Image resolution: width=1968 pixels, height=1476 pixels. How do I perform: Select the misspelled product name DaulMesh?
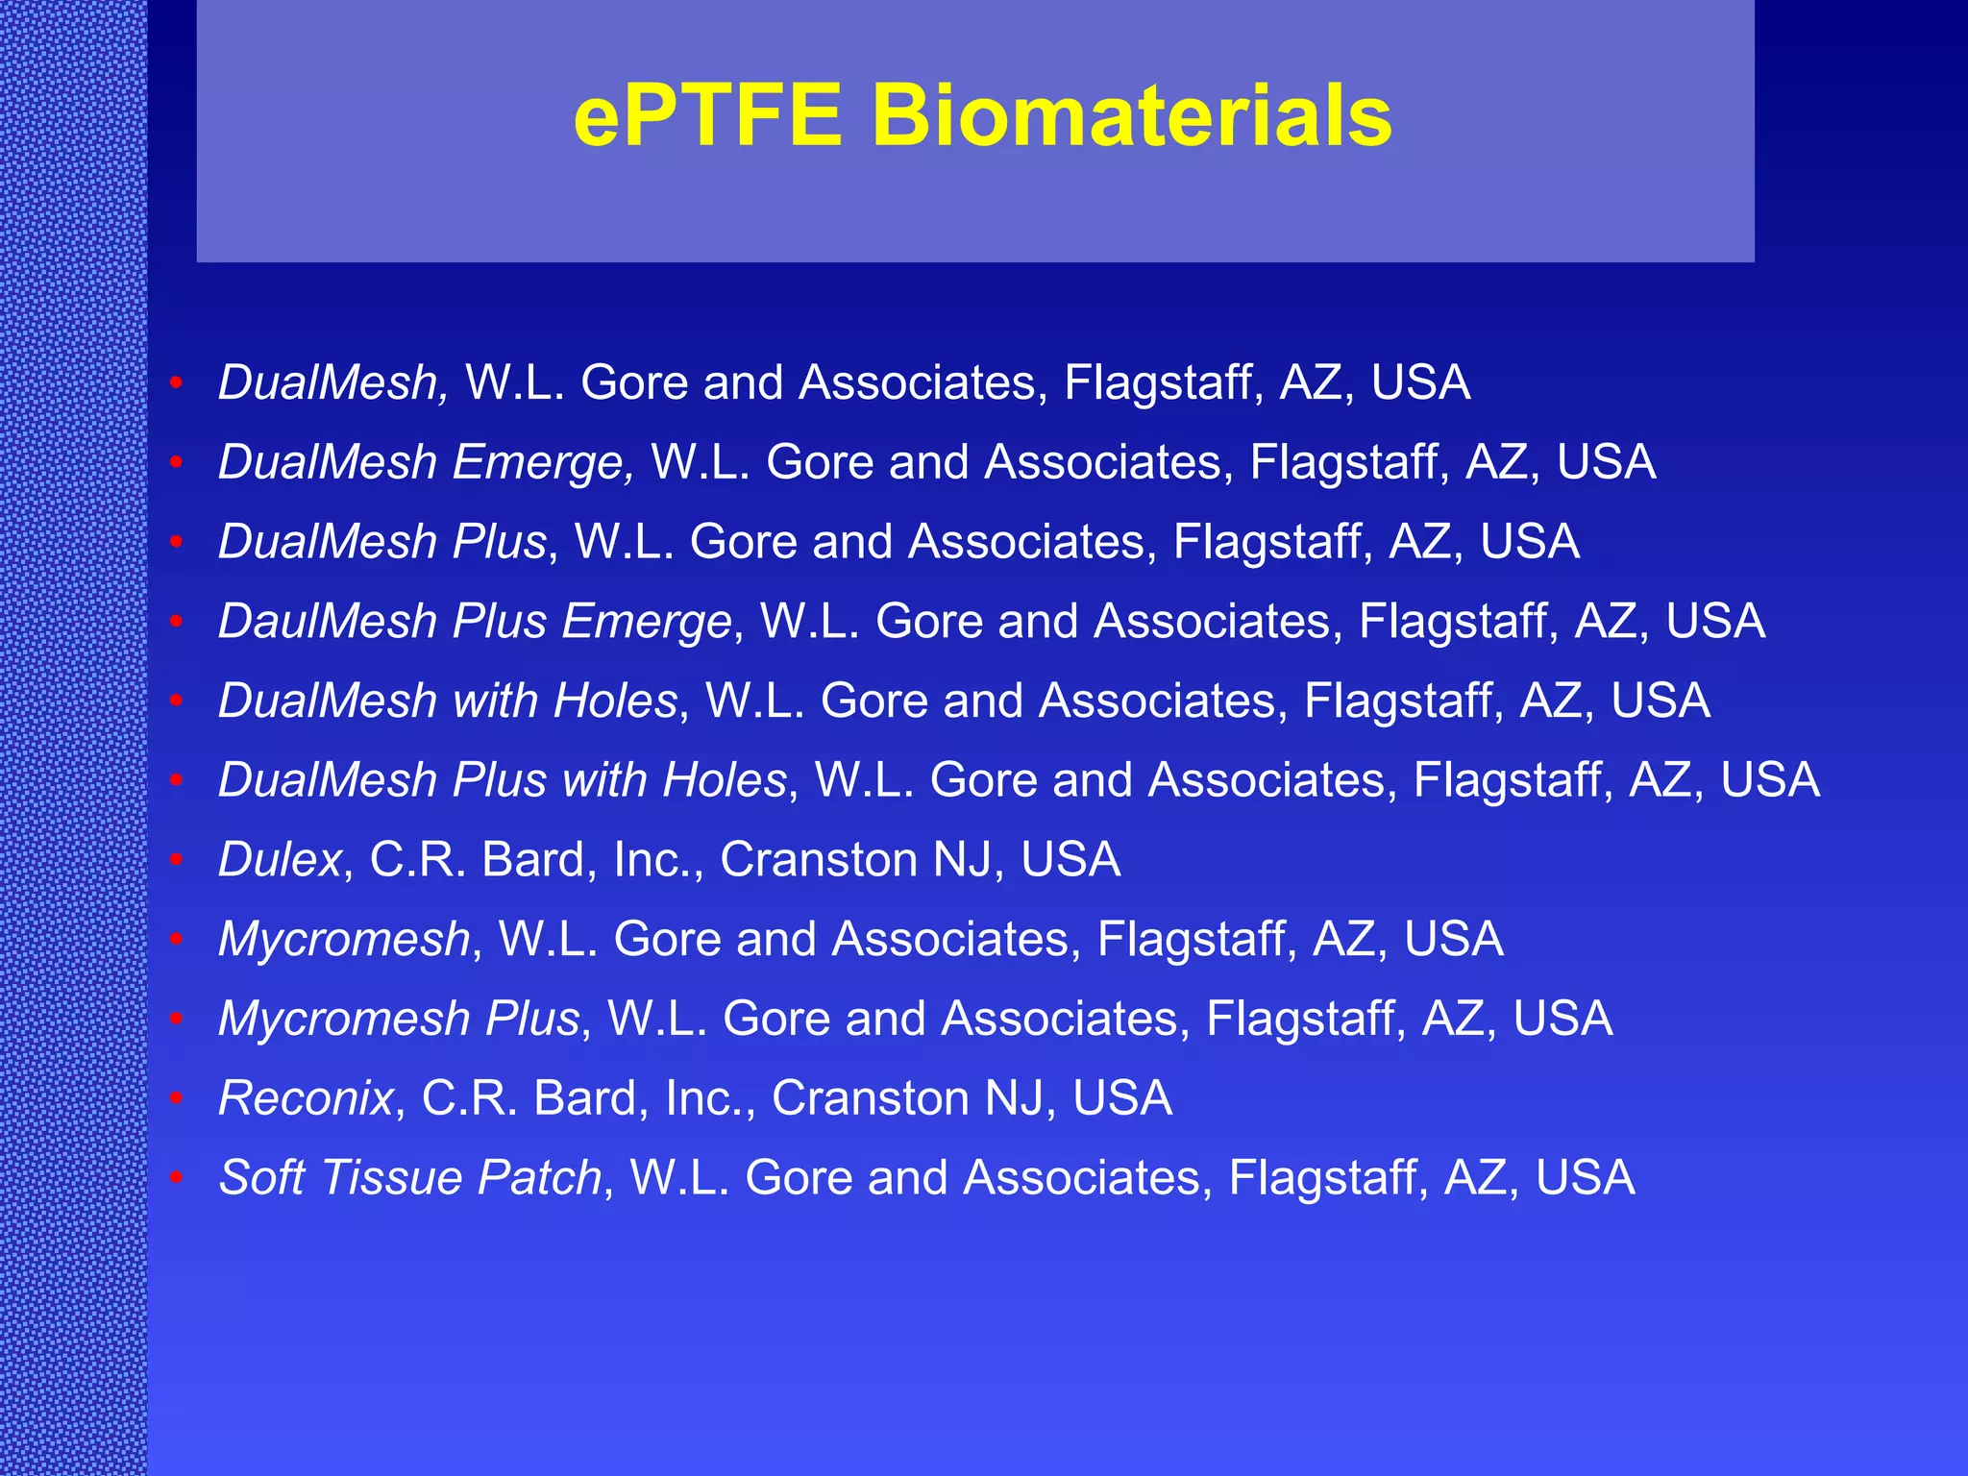(x=328, y=621)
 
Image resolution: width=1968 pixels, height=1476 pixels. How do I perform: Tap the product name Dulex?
(x=280, y=859)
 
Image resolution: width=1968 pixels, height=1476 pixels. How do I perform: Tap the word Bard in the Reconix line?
(x=585, y=1097)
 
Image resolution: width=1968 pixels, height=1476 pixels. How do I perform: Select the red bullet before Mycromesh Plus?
(x=176, y=1019)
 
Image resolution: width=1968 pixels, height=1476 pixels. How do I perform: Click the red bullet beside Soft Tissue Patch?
(x=176, y=1178)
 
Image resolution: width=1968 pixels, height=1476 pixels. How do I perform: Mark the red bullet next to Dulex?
(x=176, y=860)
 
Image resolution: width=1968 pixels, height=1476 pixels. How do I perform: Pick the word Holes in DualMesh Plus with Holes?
(x=725, y=779)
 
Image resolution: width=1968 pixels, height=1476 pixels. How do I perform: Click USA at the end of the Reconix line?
(x=1122, y=1097)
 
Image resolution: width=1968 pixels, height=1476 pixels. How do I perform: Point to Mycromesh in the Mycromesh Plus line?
(x=343, y=1019)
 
